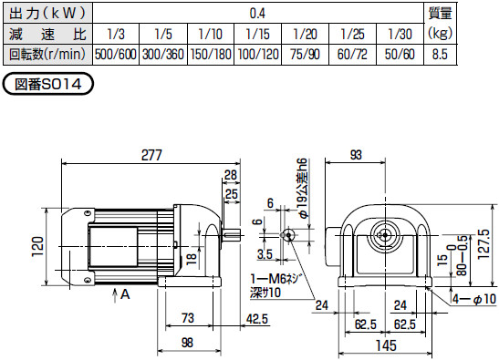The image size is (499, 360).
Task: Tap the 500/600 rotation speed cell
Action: click(116, 54)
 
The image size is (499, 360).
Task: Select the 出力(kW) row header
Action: click(47, 14)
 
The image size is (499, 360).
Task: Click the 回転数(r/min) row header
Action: click(47, 54)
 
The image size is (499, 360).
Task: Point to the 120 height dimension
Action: click(36, 246)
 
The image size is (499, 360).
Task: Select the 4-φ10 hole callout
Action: click(473, 298)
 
